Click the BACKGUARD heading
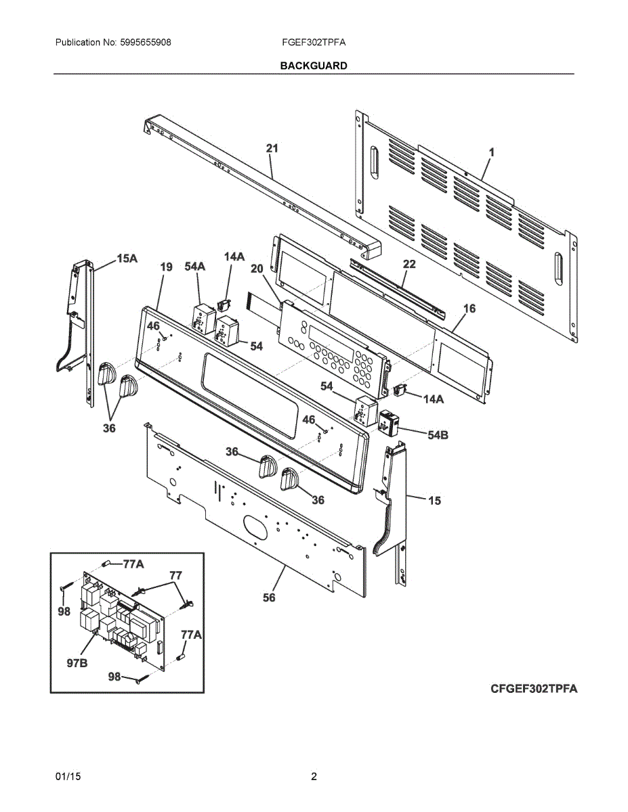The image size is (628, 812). pyautogui.click(x=314, y=66)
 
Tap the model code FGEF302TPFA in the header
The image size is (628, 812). pyautogui.click(x=314, y=42)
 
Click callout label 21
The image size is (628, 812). pyautogui.click(x=272, y=148)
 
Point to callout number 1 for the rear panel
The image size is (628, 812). pyautogui.click(x=492, y=152)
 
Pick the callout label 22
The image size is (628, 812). pyautogui.click(x=409, y=264)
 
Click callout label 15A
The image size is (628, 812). pyautogui.click(x=127, y=258)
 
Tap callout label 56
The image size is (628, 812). pyautogui.click(x=269, y=597)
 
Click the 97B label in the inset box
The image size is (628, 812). pyautogui.click(x=77, y=663)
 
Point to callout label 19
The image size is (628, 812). pyautogui.click(x=166, y=267)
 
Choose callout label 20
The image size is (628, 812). pyautogui.click(x=257, y=269)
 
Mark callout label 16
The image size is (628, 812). pyautogui.click(x=469, y=309)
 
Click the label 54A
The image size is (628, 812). pyautogui.click(x=195, y=267)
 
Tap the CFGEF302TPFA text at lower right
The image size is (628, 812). pyautogui.click(x=534, y=689)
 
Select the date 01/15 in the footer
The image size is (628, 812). pyautogui.click(x=68, y=776)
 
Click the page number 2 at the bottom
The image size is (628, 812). pyautogui.click(x=314, y=776)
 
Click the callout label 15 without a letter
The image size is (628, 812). pyautogui.click(x=434, y=501)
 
